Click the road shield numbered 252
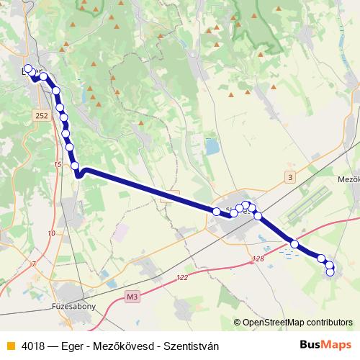coord(42,114)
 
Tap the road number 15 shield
coord(58,165)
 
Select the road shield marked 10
coord(50,233)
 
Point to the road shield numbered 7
coord(32,265)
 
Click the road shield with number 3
coord(289,177)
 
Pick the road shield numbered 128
coord(259,258)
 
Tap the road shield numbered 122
coord(181,277)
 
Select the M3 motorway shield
coord(132,296)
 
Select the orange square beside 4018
coord(10,346)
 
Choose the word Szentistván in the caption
coord(191,346)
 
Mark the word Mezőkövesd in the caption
coord(119,346)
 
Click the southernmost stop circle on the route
coord(330,271)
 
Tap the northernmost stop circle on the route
coord(28,70)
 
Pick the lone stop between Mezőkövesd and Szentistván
coord(294,245)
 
